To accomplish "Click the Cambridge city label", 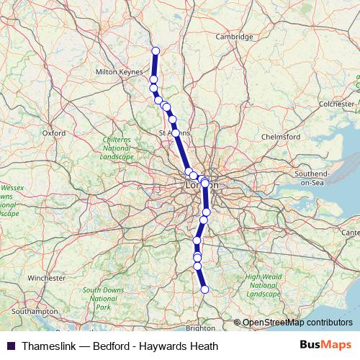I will click(x=235, y=37).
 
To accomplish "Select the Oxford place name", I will click(x=53, y=133).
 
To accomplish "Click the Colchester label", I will click(x=337, y=104).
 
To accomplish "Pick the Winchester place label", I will click(x=47, y=277).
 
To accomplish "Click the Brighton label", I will click(x=199, y=328).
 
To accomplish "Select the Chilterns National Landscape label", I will click(x=117, y=147).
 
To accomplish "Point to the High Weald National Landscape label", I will click(x=262, y=285).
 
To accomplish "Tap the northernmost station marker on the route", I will click(x=156, y=50).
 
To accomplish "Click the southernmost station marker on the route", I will click(x=204, y=289).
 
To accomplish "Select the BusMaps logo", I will click(x=326, y=346).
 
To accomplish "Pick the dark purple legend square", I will click(x=11, y=346).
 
